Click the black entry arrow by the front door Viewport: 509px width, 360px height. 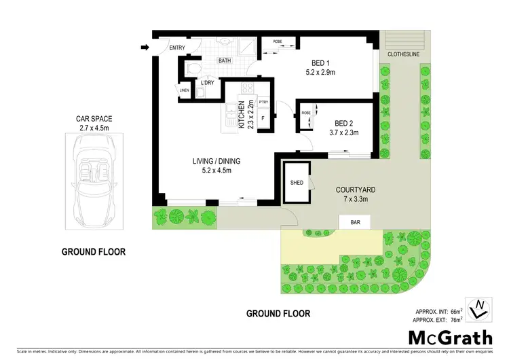point(145,48)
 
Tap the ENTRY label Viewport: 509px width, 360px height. point(177,48)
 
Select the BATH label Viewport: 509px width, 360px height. point(225,61)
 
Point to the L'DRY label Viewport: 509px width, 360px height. point(207,83)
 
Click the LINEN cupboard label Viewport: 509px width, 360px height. point(185,90)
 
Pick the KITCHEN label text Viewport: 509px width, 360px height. point(241,115)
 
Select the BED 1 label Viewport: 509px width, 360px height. point(316,59)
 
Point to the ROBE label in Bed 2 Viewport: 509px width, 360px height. point(305,113)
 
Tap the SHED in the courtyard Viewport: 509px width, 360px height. point(296,183)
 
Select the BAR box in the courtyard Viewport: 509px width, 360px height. point(354,221)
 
